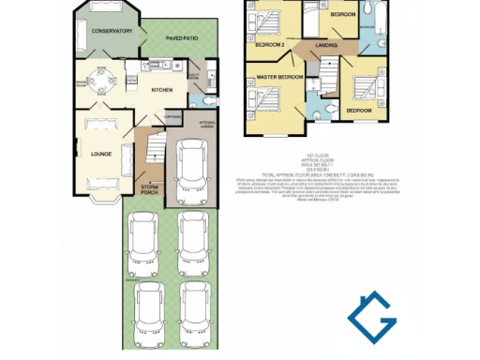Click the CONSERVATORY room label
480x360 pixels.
(111, 31)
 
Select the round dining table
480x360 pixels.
(100, 80)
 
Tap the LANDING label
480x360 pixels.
(326, 45)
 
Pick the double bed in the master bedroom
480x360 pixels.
(269, 98)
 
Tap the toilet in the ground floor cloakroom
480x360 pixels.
(209, 97)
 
